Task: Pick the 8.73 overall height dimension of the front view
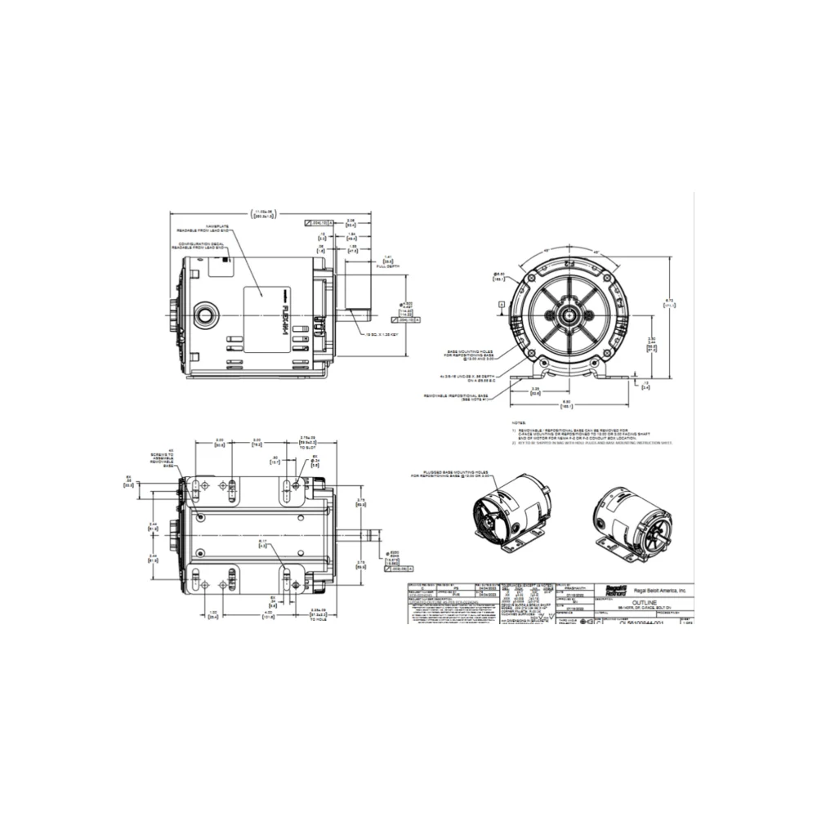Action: click(x=669, y=303)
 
